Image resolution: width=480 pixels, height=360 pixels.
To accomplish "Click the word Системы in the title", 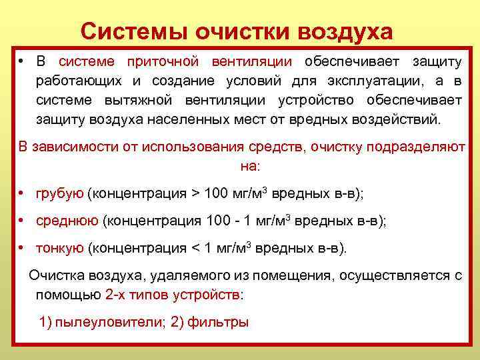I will click(x=133, y=31).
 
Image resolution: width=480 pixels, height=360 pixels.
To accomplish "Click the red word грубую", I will click(x=60, y=194).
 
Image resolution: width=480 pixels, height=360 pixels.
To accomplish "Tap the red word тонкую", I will click(x=60, y=248).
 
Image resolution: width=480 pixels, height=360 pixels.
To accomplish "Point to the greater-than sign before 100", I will click(x=195, y=195).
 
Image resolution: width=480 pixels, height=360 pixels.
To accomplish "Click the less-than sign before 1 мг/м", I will click(x=196, y=249).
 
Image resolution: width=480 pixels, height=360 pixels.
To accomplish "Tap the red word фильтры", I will click(x=218, y=323).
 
